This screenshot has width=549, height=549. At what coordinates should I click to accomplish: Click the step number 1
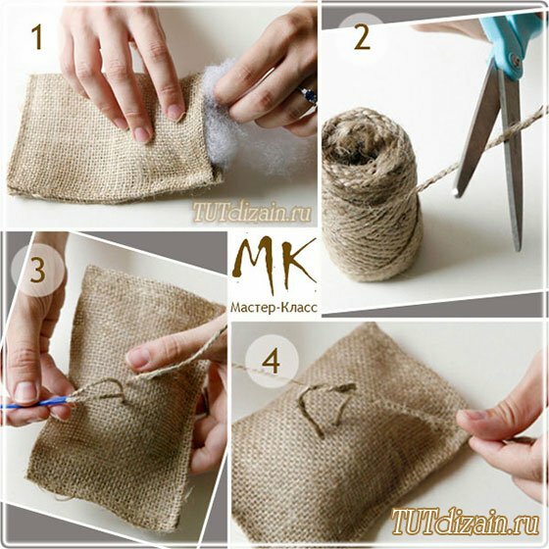tap(37, 37)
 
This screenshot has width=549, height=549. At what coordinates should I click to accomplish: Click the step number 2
tap(362, 38)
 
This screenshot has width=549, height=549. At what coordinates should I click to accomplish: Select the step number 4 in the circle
tap(271, 361)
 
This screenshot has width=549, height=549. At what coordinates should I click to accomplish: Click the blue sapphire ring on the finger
tap(309, 95)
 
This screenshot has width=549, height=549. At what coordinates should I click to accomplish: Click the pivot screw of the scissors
tap(515, 60)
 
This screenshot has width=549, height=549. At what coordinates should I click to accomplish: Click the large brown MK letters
tap(274, 264)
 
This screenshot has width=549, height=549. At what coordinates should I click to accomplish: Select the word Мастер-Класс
tap(274, 307)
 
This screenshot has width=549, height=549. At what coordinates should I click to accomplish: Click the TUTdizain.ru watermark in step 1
tap(251, 212)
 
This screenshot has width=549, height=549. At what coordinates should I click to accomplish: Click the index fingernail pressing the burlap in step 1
tap(175, 113)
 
